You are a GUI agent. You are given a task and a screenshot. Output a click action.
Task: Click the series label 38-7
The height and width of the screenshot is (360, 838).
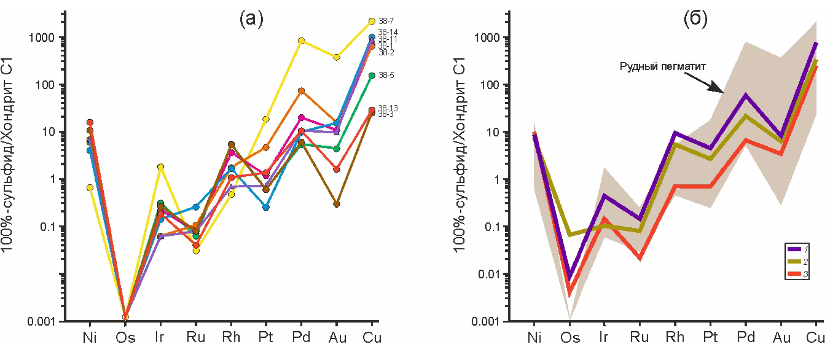click(x=386, y=21)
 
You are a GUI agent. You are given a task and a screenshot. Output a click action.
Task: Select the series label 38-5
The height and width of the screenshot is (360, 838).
click(x=386, y=75)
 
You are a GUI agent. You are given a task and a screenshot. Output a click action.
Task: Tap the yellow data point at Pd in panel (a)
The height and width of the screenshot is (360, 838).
click(x=301, y=41)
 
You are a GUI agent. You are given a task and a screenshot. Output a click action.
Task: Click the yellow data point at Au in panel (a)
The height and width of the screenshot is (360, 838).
click(x=336, y=58)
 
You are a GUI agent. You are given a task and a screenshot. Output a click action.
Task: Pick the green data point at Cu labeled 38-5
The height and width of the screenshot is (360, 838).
click(x=372, y=75)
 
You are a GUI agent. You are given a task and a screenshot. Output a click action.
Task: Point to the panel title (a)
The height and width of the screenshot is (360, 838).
click(x=251, y=19)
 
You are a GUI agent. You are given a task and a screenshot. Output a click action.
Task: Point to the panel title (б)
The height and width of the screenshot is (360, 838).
click(x=696, y=19)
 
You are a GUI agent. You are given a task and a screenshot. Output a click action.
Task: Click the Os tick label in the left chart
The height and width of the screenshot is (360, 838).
click(x=125, y=338)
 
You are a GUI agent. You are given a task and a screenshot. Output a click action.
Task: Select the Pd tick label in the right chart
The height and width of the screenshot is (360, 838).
click(x=746, y=338)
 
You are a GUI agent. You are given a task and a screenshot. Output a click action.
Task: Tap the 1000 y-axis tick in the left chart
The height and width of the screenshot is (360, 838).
click(x=41, y=38)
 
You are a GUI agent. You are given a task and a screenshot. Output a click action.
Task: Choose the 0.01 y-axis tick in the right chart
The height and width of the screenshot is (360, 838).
click(x=490, y=274)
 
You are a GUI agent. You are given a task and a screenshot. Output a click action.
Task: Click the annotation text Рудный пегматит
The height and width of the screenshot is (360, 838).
click(x=662, y=66)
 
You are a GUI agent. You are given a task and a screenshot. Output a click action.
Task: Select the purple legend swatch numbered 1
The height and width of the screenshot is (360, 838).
click(x=794, y=249)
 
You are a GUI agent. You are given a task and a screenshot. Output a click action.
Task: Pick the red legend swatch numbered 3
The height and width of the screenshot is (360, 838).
click(x=794, y=274)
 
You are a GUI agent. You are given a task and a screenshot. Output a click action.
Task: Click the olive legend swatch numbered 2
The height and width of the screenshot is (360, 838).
click(x=794, y=261)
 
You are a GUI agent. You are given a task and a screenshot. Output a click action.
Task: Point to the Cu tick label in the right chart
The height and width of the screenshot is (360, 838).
click(x=815, y=338)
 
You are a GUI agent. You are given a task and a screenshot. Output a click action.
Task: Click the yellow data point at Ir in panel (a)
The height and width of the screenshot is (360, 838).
click(x=161, y=167)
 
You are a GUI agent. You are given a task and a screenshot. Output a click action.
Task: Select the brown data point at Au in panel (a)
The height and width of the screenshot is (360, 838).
click(x=336, y=204)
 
